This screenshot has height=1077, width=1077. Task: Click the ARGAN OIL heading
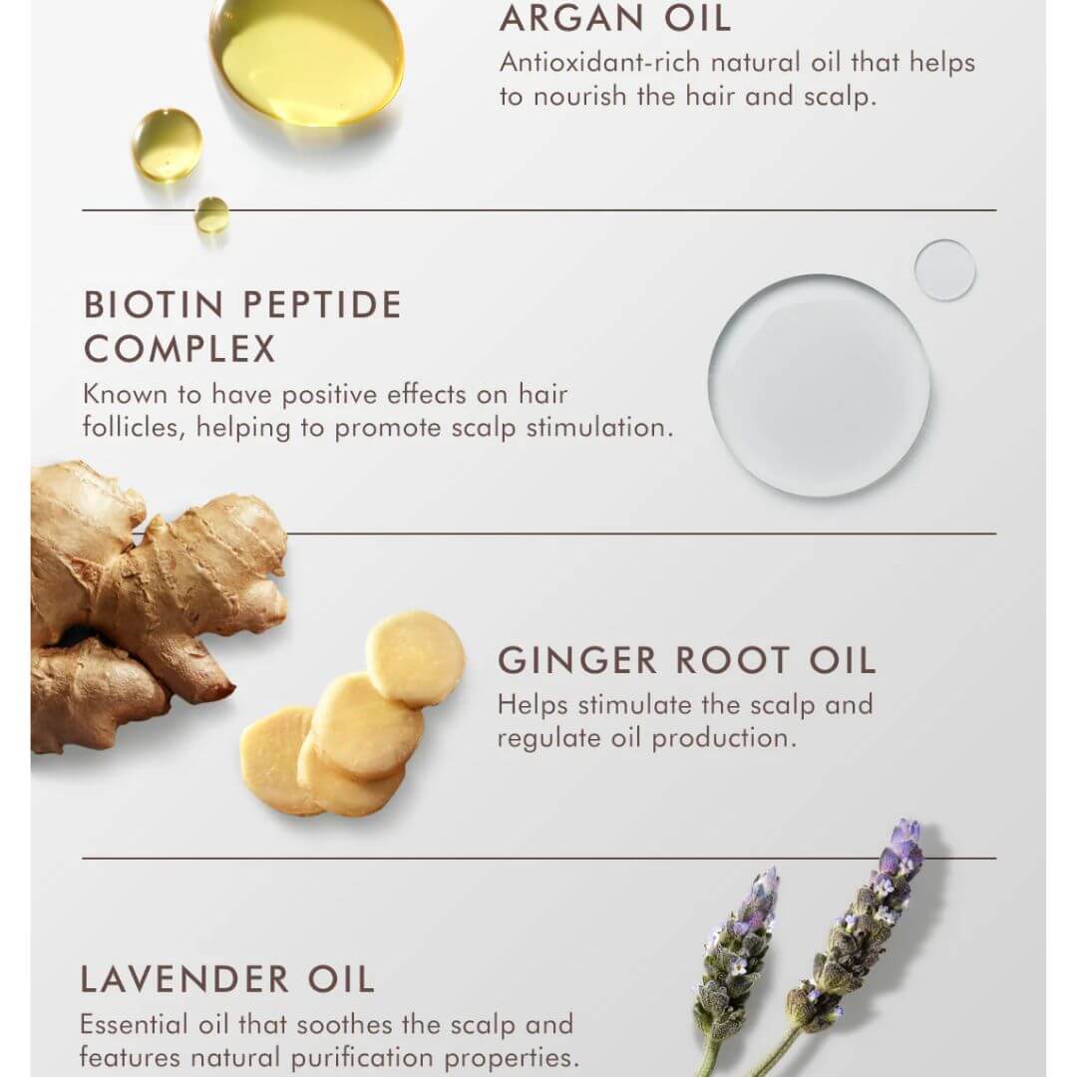coord(614,19)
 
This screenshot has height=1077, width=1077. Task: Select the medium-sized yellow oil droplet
coord(167,144)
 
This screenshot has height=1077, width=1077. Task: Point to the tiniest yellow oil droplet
coord(211,214)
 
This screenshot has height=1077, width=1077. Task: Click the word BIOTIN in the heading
coord(154,305)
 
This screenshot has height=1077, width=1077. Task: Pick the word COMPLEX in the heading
coord(179,349)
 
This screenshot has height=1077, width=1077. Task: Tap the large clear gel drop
coord(820,385)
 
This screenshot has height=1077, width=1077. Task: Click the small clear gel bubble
coord(945,270)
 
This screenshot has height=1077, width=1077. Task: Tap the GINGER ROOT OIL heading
coord(686,661)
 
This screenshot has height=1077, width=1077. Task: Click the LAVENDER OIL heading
coord(227,979)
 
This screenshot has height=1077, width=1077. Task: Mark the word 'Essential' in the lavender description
coord(134,1025)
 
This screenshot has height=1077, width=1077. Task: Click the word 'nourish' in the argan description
coord(580,97)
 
